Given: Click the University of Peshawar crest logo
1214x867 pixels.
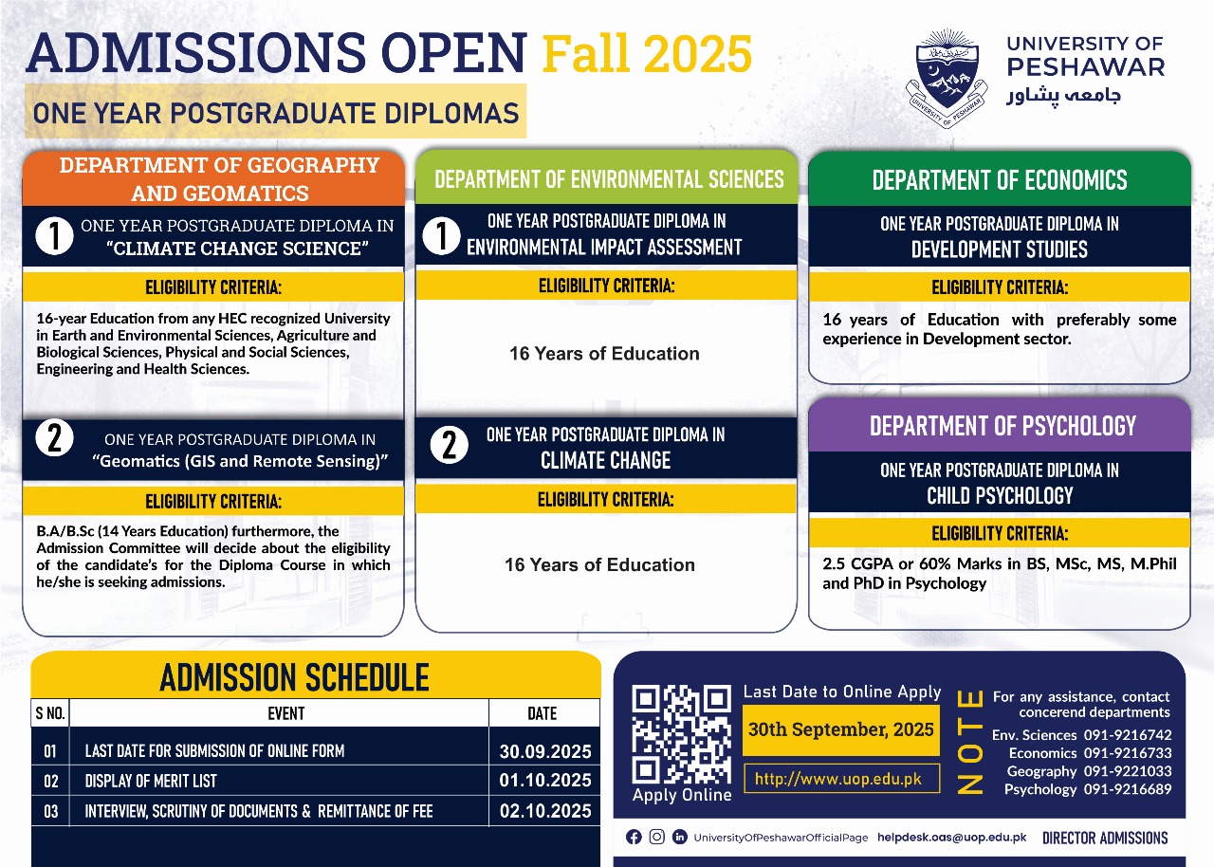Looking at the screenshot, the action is pos(947,78).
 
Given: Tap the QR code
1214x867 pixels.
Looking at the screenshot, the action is pos(681,734).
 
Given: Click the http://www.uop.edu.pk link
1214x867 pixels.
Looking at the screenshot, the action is pos(841,779).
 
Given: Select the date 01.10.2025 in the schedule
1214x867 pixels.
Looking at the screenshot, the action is pos(545,781).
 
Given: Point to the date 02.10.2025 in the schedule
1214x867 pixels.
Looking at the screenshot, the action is pos(545,811).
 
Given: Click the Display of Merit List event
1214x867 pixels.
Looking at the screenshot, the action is pos(151,781).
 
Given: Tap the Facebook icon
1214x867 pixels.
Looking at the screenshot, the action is pos(634,838).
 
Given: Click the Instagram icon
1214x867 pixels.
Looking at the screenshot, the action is pos(657,838).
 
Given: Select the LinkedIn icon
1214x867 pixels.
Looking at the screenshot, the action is pos(680,837).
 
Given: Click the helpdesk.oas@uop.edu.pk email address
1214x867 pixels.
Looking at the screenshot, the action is pos(951,838).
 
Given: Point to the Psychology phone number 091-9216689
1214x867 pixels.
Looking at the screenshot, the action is pos(1128,789).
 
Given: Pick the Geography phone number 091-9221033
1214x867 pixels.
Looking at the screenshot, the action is pos(1128,770).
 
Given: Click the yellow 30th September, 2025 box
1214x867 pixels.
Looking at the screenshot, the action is pos(841,729).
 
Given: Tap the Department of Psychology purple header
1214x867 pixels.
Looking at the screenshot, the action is pos(1000,425).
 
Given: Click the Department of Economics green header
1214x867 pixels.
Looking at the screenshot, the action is pos(1000,179).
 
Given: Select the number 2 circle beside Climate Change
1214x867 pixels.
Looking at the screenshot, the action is pos(450,445).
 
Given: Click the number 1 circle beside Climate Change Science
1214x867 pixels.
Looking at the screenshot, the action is pos(54,235).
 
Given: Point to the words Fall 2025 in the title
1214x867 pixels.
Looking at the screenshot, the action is pos(647,53).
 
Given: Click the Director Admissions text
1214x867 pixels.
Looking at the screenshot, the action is pos(1105,838).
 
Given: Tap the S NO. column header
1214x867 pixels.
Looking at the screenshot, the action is pos(50,713).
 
